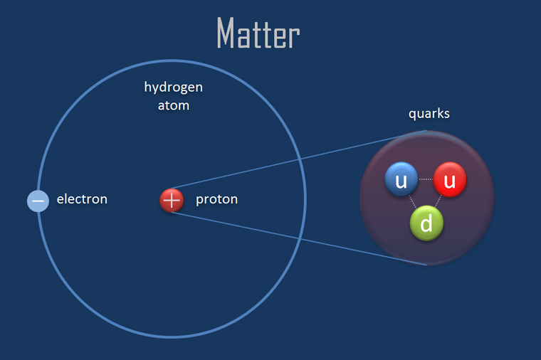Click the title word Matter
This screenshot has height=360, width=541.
click(x=258, y=33)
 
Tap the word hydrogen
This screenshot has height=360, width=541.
click(x=173, y=88)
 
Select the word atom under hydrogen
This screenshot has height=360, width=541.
click(x=173, y=105)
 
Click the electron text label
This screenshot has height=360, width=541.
click(x=82, y=199)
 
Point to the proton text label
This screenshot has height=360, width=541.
click(x=216, y=200)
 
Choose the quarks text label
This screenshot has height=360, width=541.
click(x=429, y=114)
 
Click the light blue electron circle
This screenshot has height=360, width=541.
click(x=38, y=201)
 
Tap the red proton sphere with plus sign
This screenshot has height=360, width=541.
click(x=172, y=200)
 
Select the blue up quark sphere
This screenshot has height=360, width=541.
click(x=401, y=179)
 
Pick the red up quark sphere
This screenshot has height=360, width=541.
click(x=450, y=179)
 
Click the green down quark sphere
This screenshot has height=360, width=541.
click(x=426, y=223)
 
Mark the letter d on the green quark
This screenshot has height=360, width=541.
click(x=426, y=223)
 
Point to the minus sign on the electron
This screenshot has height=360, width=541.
click(x=38, y=201)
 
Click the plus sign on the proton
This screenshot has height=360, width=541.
click(x=172, y=200)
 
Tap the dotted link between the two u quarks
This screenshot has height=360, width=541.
click(x=426, y=179)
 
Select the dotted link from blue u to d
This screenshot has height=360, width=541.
click(x=413, y=202)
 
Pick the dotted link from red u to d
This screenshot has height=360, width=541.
click(x=438, y=202)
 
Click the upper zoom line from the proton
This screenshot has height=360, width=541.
click(x=299, y=159)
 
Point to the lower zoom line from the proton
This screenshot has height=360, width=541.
click(x=299, y=238)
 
